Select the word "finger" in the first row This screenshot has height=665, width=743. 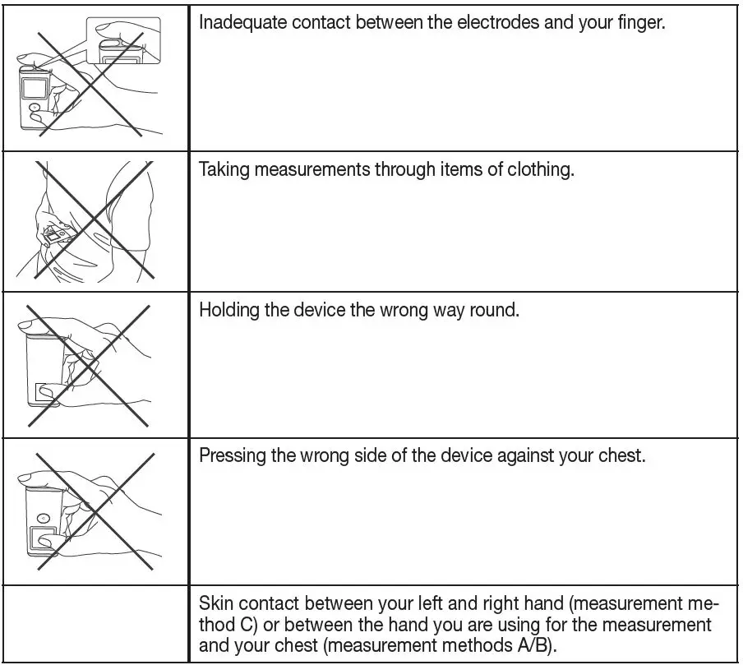click(x=639, y=23)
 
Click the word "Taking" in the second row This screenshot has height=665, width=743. click(x=224, y=171)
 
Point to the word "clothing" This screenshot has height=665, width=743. click(x=533, y=171)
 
